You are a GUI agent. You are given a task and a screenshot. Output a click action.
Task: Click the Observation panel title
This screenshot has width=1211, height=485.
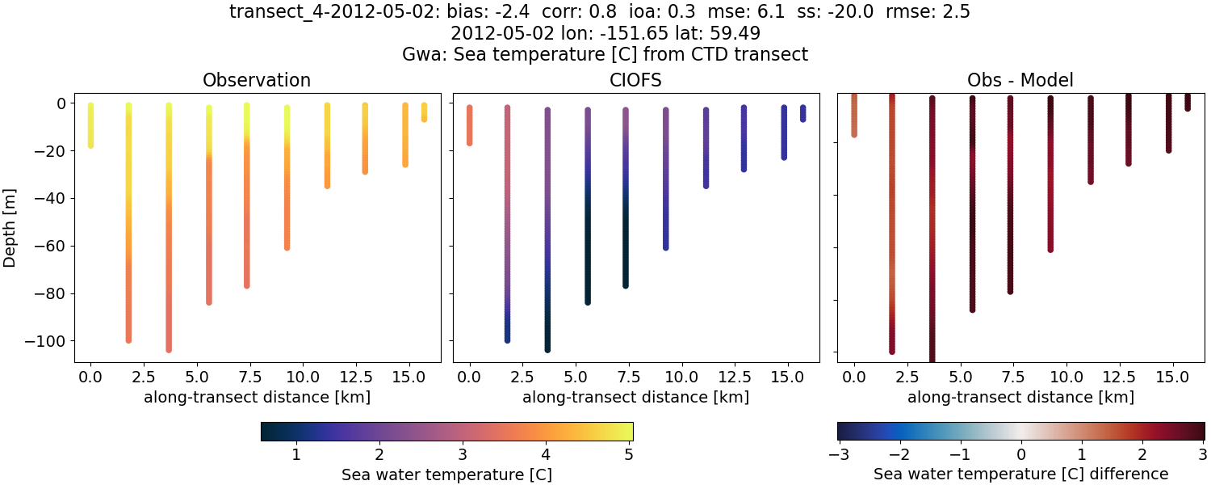point(257,80)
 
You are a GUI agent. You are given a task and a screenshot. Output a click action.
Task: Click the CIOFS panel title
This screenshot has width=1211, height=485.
point(635,80)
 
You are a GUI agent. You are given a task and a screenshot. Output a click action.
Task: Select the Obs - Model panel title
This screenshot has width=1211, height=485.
point(1020,80)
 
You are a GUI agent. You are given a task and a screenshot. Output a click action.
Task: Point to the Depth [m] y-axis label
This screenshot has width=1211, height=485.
point(10,227)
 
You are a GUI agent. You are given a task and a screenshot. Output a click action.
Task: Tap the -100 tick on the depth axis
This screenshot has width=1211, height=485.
point(50,340)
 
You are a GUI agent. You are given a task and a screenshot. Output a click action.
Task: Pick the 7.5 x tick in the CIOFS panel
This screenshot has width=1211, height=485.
point(625,377)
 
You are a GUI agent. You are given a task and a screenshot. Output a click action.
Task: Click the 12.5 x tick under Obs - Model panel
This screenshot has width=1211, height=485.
point(1129,377)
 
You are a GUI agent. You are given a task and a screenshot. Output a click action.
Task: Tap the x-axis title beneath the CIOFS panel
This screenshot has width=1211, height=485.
point(635,397)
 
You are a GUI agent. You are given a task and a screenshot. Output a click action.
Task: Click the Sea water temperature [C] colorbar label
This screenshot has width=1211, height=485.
point(446,474)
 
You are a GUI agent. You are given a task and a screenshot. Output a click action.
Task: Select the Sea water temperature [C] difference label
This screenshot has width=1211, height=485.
point(1020,474)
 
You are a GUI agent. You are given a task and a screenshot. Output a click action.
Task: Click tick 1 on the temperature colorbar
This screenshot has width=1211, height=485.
point(296,454)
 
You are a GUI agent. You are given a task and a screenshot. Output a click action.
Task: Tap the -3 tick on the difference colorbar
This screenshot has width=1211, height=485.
point(837,454)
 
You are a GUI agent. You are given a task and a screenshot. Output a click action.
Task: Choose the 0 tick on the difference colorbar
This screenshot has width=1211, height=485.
point(1020,454)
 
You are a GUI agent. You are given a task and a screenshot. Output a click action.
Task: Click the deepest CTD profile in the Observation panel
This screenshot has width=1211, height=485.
point(169,226)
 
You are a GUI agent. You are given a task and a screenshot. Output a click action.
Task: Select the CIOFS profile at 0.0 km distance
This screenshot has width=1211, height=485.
point(470,125)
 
